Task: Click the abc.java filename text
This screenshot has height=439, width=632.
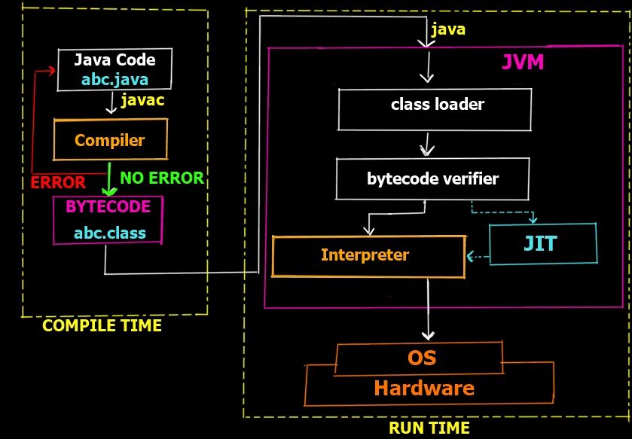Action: [x=115, y=78]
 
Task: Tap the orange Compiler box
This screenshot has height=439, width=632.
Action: [x=110, y=140]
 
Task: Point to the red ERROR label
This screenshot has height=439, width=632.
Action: [x=58, y=183]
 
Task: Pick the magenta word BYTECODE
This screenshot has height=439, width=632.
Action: [x=108, y=206]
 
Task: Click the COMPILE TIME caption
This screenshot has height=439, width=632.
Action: [x=102, y=326]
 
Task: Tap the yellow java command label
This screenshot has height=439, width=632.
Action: [x=447, y=30]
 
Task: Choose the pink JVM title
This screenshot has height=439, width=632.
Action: [x=523, y=62]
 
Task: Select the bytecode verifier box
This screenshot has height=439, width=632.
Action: [x=432, y=179]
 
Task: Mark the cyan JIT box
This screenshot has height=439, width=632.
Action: [x=543, y=243]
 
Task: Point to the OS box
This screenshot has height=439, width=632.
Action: [x=421, y=357]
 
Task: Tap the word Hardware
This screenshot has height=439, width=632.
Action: [x=424, y=389]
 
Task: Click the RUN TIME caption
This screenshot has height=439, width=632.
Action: [x=429, y=428]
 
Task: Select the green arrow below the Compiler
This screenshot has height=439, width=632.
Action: [x=110, y=178]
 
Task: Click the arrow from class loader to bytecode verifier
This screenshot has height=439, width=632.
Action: [x=428, y=144]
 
